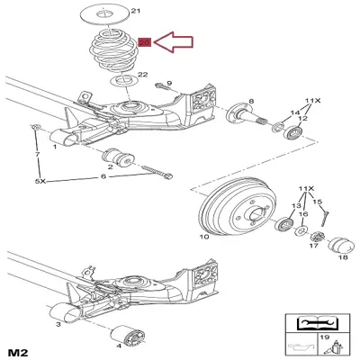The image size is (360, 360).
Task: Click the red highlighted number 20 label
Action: click(x=145, y=42)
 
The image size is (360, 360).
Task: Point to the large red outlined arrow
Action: click(x=174, y=42)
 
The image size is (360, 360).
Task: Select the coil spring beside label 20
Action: click(x=113, y=51)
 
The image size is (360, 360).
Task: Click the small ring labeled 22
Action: click(x=123, y=80)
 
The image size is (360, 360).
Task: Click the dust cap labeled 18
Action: click(x=339, y=246)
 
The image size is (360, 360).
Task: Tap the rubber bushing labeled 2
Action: click(x=118, y=157)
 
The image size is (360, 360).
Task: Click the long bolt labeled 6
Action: click(x=157, y=172)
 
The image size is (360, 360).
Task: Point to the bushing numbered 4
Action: click(x=130, y=337)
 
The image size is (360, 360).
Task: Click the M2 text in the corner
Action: click(x=18, y=351)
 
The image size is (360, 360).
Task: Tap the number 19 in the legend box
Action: click(x=324, y=337)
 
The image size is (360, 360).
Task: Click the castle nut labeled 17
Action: click(x=318, y=237)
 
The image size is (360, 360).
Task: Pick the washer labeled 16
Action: click(x=301, y=231)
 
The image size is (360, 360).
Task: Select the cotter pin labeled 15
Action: click(x=325, y=217)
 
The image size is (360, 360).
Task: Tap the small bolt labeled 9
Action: click(x=162, y=87)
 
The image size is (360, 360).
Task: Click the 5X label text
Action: click(x=40, y=182)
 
